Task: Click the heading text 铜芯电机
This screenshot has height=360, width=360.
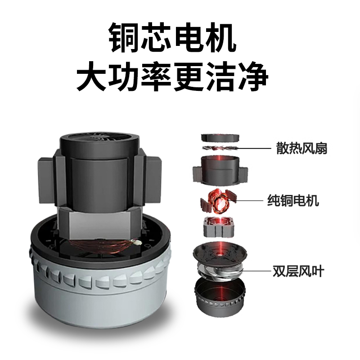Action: (x=172, y=37)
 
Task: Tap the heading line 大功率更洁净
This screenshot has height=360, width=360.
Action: (x=172, y=76)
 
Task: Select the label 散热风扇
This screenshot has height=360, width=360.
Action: (x=301, y=148)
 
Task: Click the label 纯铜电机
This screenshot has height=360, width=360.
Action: (x=293, y=200)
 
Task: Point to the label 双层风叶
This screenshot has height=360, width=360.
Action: (x=298, y=271)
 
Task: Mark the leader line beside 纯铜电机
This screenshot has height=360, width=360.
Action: (x=246, y=200)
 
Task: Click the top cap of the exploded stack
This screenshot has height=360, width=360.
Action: (x=220, y=138)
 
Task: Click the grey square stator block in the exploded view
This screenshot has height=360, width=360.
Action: (x=219, y=227)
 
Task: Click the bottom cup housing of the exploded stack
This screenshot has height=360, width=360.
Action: (x=220, y=296)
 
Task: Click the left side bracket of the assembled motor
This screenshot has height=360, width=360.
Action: (x=47, y=180)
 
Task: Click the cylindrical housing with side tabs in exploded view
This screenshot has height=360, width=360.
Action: (x=220, y=170)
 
